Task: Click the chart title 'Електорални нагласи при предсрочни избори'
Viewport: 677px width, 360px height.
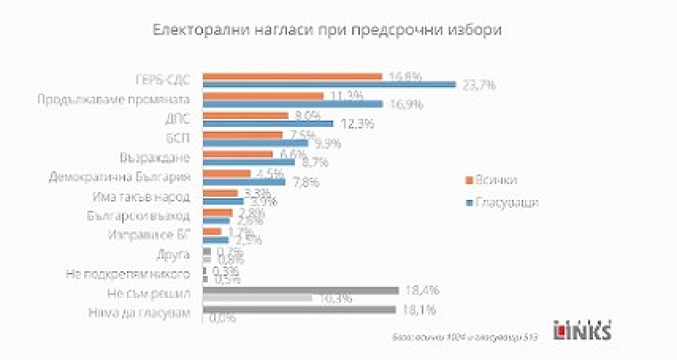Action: click(326, 30)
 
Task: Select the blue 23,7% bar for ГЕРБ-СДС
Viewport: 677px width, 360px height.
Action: click(329, 84)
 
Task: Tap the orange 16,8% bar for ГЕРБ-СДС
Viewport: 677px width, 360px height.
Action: click(292, 76)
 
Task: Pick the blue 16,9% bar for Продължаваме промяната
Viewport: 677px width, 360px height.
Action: click(292, 104)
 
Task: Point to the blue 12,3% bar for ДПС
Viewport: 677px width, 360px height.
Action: click(268, 123)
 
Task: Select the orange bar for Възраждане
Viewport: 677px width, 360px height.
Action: click(238, 155)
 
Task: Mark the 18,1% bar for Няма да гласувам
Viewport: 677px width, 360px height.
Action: click(299, 311)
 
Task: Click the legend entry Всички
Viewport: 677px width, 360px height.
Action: click(491, 180)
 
